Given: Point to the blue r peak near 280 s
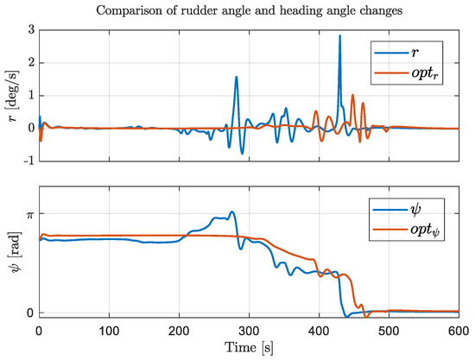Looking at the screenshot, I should point(236,78).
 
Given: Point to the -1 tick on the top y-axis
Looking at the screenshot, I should point(27,161).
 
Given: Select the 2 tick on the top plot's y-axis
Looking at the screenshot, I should point(30,63).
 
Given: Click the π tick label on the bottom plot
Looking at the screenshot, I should point(29,213).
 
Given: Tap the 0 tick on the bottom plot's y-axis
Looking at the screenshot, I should point(30,313).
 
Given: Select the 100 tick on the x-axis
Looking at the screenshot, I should point(109,331).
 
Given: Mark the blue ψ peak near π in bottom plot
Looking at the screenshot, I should point(231,212).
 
